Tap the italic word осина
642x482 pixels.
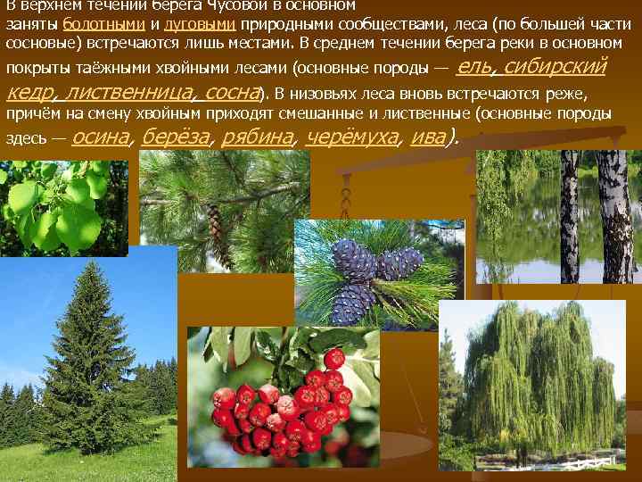101,137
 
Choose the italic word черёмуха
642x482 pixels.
351,137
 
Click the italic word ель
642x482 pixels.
473,67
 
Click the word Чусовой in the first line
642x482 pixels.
245,4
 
